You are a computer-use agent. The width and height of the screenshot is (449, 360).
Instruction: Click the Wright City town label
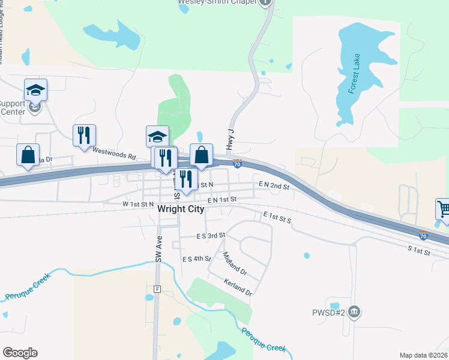(181, 209)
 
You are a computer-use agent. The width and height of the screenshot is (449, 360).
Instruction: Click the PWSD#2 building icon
(354, 311)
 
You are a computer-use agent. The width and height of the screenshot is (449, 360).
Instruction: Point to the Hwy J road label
(229, 141)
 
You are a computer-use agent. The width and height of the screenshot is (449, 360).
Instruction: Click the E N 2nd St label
(274, 186)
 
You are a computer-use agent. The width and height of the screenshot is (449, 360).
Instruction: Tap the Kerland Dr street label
(238, 287)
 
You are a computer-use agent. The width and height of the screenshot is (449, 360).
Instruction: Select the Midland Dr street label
(235, 263)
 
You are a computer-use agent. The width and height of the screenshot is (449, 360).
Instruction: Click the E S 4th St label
(196, 259)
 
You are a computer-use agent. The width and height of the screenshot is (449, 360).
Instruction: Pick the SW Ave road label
(159, 248)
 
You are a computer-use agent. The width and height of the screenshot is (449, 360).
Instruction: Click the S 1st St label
(419, 251)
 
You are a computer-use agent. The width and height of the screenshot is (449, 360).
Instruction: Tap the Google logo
(20, 353)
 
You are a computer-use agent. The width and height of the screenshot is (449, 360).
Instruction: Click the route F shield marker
(157, 289)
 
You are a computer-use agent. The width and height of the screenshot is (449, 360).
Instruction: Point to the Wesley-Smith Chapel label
(218, 2)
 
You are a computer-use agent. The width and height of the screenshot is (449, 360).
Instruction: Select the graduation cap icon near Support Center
(35, 90)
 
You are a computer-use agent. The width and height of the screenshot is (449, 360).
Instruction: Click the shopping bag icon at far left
(28, 154)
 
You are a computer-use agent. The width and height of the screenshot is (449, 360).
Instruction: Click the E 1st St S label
(277, 217)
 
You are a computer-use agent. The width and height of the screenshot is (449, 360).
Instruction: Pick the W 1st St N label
(138, 204)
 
